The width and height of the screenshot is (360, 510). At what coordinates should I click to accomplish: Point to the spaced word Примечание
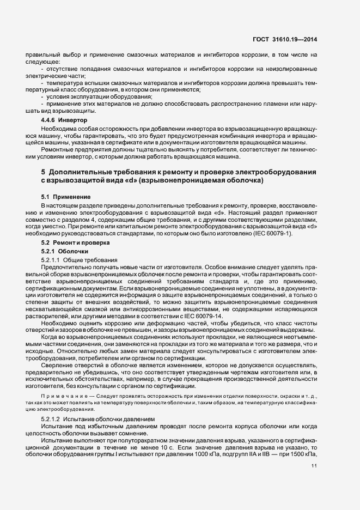pyautogui.click(x=60, y=395)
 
